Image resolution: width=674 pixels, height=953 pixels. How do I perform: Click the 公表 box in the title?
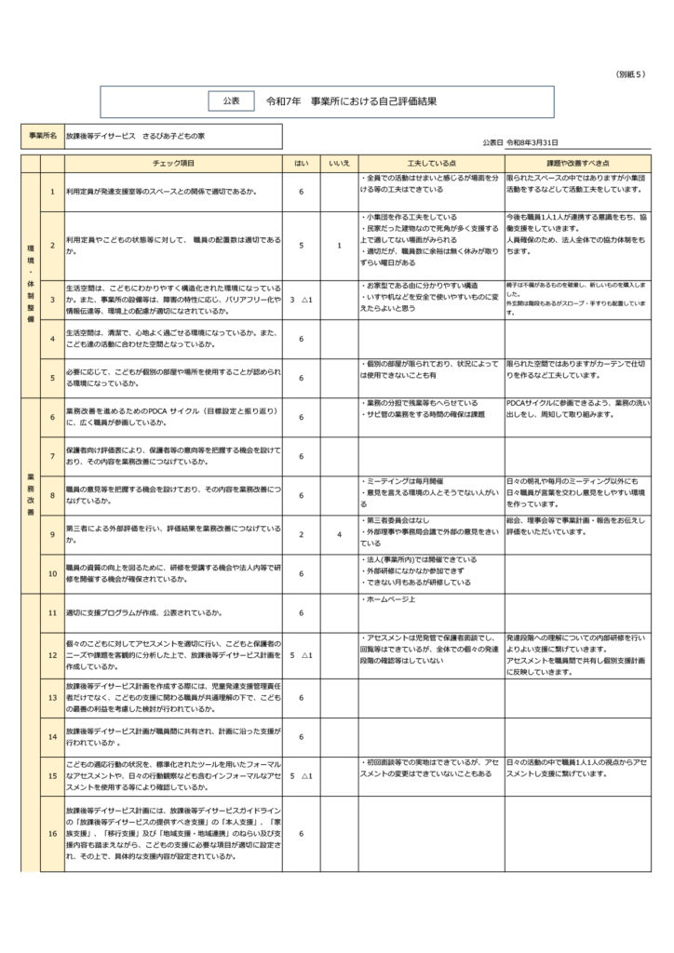point(230,101)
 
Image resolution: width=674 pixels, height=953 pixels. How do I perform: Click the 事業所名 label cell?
point(42,136)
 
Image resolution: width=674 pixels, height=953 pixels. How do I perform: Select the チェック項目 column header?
point(173,163)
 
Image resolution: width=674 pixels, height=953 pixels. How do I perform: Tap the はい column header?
point(302,163)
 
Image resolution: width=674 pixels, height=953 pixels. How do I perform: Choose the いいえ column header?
point(339,163)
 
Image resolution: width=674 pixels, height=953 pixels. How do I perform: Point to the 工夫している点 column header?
point(430,163)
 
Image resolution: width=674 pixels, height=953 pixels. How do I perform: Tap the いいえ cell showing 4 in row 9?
point(339,534)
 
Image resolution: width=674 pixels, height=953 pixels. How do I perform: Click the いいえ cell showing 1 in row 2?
point(339,246)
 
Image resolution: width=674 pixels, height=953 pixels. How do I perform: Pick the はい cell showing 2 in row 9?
point(302,534)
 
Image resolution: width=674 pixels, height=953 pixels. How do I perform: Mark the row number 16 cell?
point(52,833)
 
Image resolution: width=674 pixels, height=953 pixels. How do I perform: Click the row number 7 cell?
point(52,456)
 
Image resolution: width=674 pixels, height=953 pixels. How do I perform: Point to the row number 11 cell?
point(52,613)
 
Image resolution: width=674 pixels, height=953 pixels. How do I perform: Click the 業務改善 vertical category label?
point(29,495)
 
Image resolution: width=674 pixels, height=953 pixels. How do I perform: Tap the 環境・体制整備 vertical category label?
point(29,279)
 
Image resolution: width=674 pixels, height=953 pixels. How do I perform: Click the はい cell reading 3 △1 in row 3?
point(302,300)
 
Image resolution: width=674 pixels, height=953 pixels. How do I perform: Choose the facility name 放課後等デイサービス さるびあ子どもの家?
point(136,136)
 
